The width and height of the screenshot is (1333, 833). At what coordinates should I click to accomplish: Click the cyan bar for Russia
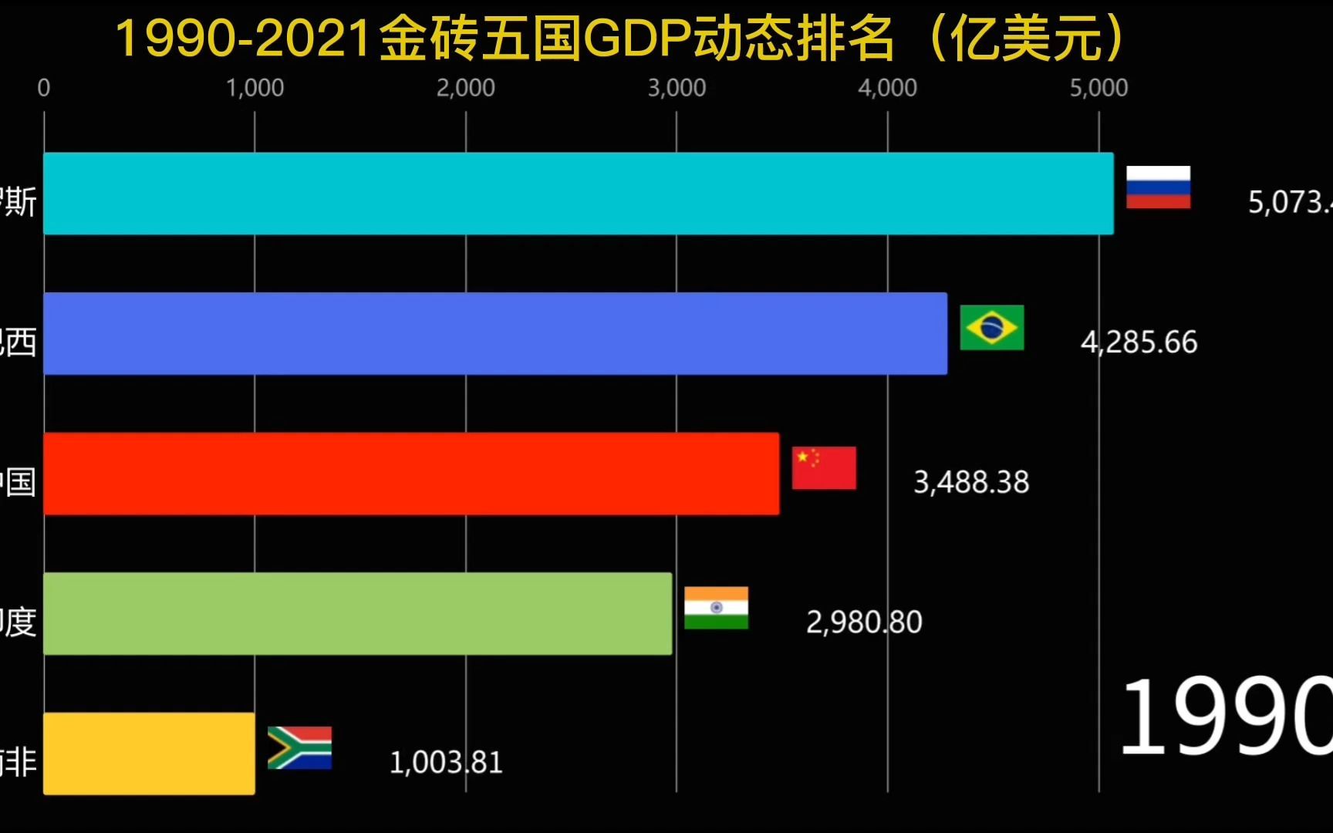(579, 194)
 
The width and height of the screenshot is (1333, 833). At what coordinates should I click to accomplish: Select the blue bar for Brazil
(495, 333)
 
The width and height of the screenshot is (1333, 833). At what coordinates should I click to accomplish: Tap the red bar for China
(411, 474)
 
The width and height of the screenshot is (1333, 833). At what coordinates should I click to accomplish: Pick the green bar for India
(358, 613)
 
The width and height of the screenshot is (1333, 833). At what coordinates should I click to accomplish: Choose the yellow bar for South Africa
(149, 754)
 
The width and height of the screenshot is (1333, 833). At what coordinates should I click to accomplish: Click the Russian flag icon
(1158, 187)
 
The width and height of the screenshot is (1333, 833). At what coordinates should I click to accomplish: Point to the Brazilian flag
(991, 327)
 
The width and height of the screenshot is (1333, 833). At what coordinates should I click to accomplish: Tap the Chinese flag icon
(824, 467)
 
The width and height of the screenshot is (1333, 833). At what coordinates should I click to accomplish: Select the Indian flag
(716, 608)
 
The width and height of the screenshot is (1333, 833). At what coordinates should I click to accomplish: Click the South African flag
(299, 747)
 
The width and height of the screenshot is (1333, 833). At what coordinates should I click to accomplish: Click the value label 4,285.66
(1139, 342)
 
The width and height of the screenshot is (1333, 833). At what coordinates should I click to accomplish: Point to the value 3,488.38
(971, 482)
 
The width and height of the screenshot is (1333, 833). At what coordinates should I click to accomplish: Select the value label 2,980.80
(864, 622)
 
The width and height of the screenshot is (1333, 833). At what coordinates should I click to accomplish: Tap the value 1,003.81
(446, 762)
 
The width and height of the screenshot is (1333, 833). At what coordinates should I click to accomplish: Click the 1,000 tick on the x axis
(255, 88)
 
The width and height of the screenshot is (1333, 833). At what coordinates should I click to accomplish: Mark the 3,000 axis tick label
(677, 88)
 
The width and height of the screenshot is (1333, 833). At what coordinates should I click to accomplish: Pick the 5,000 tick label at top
(1098, 88)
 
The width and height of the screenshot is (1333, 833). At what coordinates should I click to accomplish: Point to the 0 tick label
(44, 88)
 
